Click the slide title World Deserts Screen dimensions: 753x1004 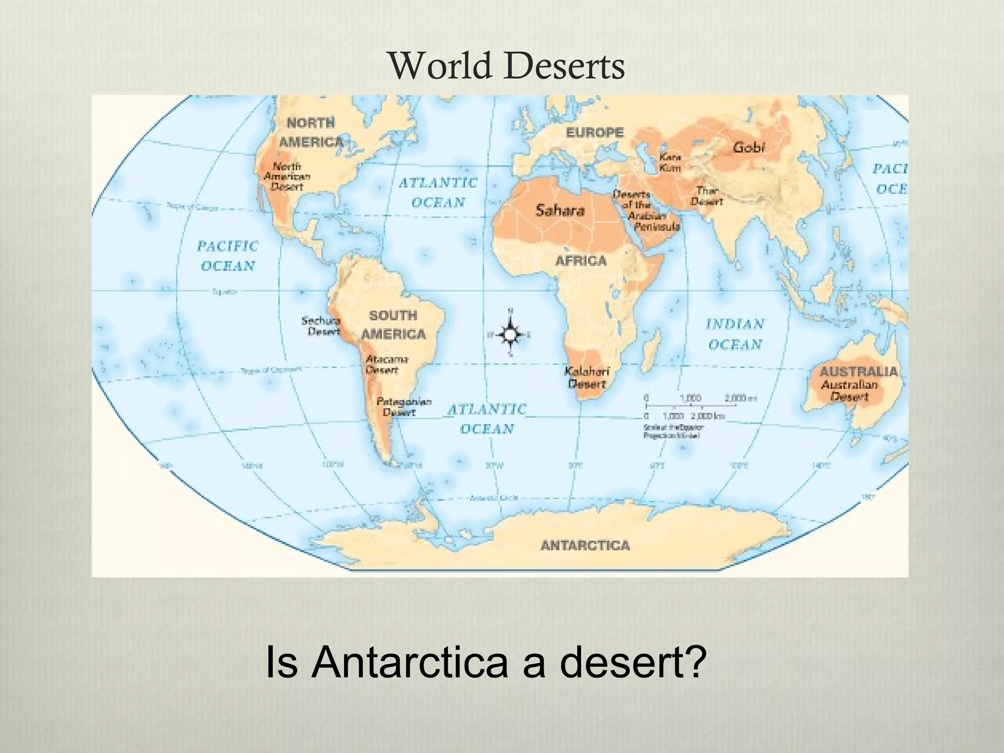tap(507, 67)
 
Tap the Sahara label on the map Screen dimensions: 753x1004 tap(560, 210)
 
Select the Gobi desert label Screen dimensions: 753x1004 tap(749, 147)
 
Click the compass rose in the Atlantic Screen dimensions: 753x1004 tap(510, 334)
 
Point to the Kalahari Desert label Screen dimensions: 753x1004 tap(586, 377)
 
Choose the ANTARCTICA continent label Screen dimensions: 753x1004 tap(585, 545)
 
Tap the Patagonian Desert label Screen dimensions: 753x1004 tap(403, 407)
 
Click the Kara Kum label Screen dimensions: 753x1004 tap(670, 162)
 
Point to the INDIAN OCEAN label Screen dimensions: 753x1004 tap(735, 334)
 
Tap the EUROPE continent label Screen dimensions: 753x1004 tap(595, 132)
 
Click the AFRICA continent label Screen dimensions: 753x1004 tap(581, 261)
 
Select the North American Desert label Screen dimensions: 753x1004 tap(287, 176)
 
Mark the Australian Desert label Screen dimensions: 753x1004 tap(849, 390)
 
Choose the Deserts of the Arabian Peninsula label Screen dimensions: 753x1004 tap(646, 210)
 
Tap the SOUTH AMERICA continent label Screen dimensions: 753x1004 tap(393, 325)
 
